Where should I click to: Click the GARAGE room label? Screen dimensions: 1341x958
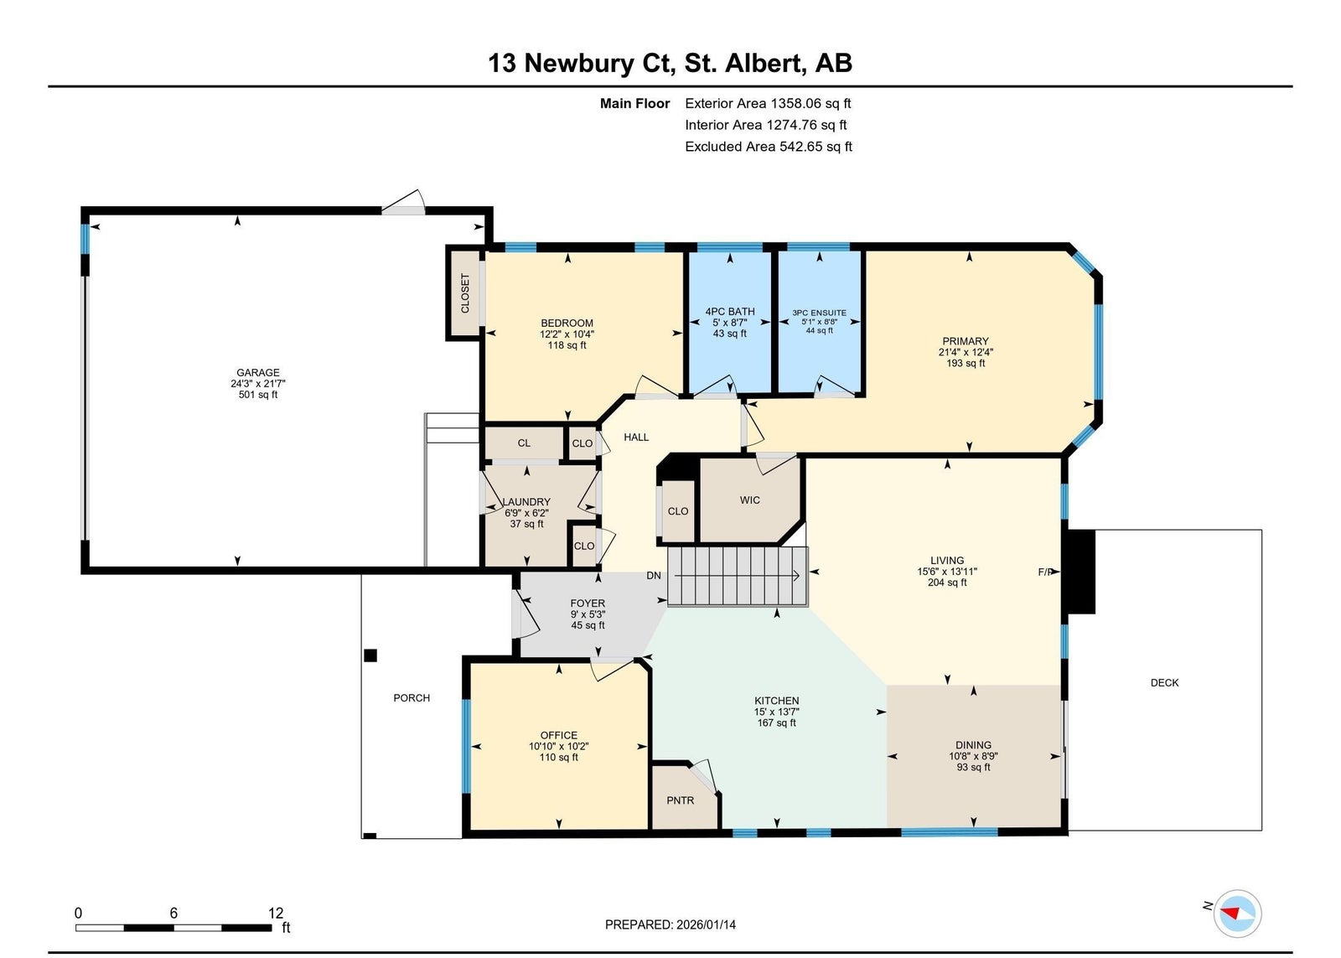pyautogui.click(x=258, y=372)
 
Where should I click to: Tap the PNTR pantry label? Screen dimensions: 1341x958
pyautogui.click(x=681, y=800)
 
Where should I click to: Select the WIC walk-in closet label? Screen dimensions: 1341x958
pyautogui.click(x=750, y=500)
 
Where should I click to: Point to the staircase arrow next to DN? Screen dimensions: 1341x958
pyautogui.click(x=737, y=576)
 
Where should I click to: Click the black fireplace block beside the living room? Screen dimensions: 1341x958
pyautogui.click(x=1081, y=572)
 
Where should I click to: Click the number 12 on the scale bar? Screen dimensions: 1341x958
pyautogui.click(x=276, y=913)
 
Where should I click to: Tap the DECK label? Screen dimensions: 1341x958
pyautogui.click(x=1165, y=682)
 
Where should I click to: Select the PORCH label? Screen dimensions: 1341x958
pyautogui.click(x=412, y=697)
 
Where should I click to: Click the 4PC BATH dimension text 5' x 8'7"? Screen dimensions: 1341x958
pyautogui.click(x=730, y=322)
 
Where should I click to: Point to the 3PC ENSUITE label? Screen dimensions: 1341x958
pyautogui.click(x=820, y=313)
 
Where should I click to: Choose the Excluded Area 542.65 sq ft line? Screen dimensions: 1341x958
pyautogui.click(x=769, y=147)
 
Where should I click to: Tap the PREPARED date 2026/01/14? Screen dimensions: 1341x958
pyautogui.click(x=707, y=924)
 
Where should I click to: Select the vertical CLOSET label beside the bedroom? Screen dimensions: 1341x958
pyautogui.click(x=465, y=293)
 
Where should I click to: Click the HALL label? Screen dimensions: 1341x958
pyautogui.click(x=636, y=437)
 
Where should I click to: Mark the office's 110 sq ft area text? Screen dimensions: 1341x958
pyautogui.click(x=559, y=758)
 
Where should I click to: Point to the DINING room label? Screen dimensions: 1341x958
pyautogui.click(x=973, y=745)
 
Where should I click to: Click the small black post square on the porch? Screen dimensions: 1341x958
pyautogui.click(x=370, y=655)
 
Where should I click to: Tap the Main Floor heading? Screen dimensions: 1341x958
pyautogui.click(x=634, y=104)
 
